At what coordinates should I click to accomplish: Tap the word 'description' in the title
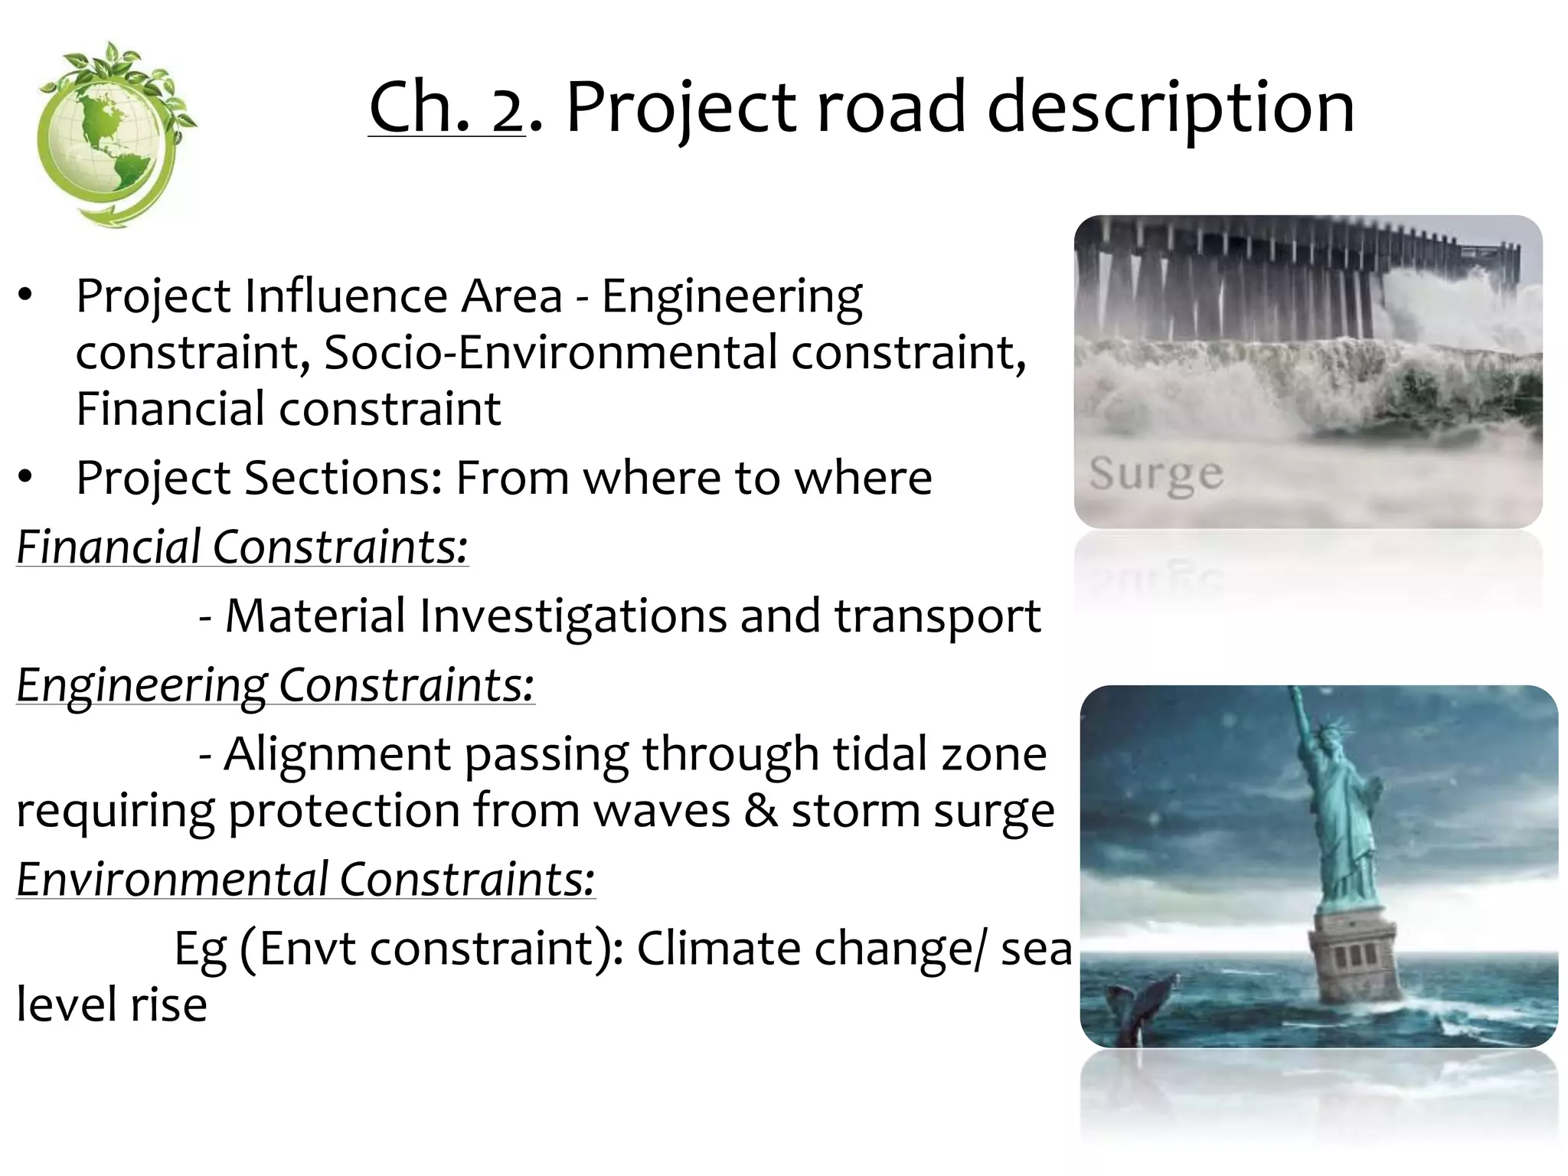pos(1171,109)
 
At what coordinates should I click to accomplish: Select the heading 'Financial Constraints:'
pos(242,547)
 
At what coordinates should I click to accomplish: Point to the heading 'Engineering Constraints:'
pos(275,684)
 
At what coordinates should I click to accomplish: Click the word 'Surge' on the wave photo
pos(1156,475)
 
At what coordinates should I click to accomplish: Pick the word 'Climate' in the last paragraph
pos(719,949)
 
